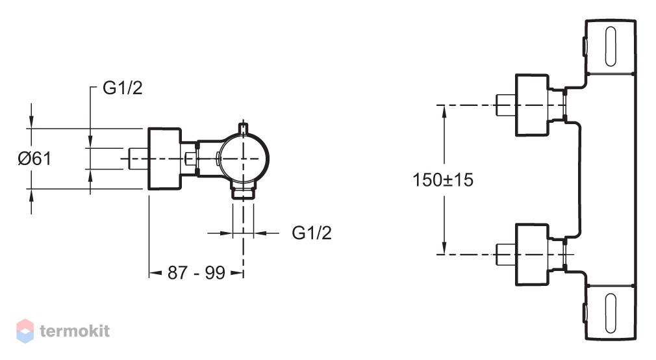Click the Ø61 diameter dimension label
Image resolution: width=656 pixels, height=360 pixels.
pyautogui.click(x=34, y=159)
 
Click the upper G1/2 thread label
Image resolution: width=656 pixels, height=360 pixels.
pyautogui.click(x=123, y=88)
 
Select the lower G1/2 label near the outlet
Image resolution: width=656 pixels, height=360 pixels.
pyautogui.click(x=312, y=233)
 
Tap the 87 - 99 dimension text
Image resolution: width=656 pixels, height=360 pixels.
pyautogui.click(x=196, y=273)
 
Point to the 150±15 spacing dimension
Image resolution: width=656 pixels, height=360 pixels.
pyautogui.click(x=443, y=180)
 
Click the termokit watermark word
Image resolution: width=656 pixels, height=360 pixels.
pyautogui.click(x=75, y=331)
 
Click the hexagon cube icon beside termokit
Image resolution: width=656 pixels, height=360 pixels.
pyautogui.click(x=25, y=331)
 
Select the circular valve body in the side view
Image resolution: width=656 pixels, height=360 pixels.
pyautogui.click(x=244, y=159)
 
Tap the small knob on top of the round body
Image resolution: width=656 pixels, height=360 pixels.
pyautogui.click(x=243, y=127)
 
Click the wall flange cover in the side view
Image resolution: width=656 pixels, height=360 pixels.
pyautogui.click(x=164, y=159)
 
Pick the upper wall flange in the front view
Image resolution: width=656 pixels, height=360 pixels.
pyautogui.click(x=532, y=105)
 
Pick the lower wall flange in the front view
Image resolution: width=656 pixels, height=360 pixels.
pyautogui.click(x=532, y=255)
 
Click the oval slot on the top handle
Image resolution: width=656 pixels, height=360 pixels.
pyautogui.click(x=611, y=47)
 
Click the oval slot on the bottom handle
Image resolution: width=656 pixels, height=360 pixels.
pyautogui.click(x=611, y=313)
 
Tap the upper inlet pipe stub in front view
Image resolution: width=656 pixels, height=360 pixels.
pyautogui.click(x=505, y=105)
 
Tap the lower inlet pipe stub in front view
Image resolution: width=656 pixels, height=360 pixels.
pyautogui.click(x=505, y=255)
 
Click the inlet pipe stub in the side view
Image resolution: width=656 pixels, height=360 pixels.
pyautogui.click(x=138, y=159)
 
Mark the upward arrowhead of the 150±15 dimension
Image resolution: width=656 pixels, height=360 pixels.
pyautogui.click(x=444, y=111)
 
